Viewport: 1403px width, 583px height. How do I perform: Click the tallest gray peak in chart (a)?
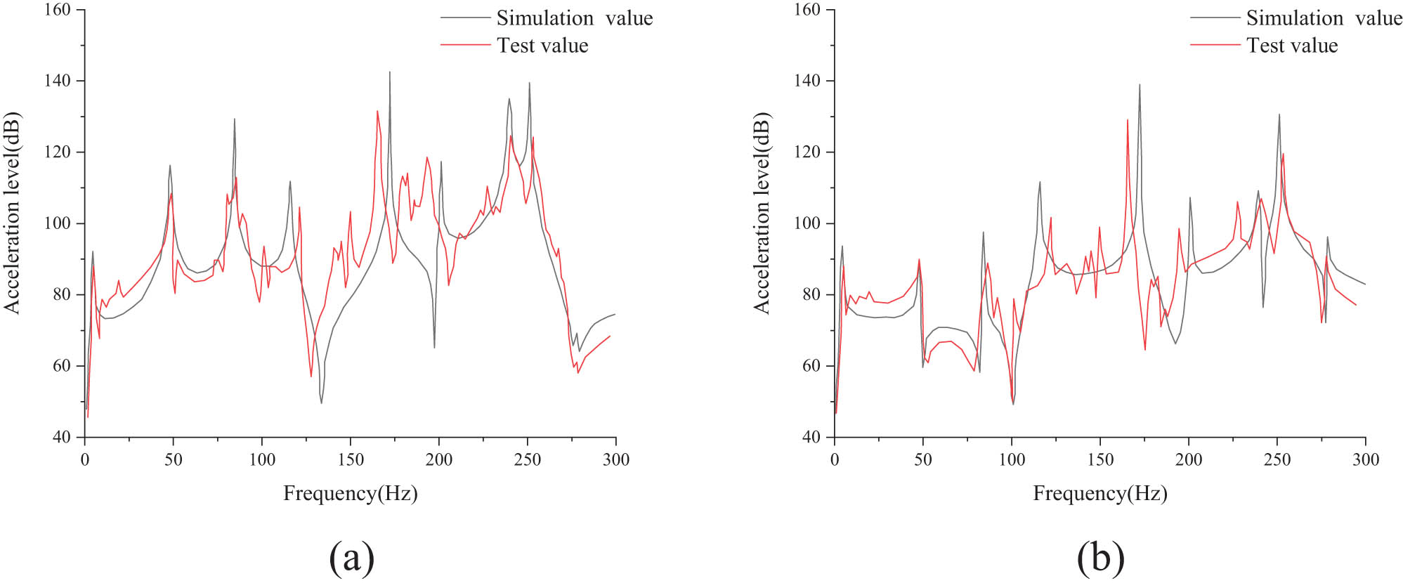tap(389, 72)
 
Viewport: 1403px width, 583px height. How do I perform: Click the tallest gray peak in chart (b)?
tap(1139, 86)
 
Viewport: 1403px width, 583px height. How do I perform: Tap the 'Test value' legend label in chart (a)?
tap(542, 46)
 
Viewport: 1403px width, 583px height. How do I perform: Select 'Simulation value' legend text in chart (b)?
tap(1324, 18)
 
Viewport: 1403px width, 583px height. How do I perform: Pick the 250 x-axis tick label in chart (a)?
tap(527, 460)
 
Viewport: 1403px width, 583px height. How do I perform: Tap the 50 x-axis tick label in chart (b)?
tap(922, 460)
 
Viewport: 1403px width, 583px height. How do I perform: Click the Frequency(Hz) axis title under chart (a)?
tap(350, 494)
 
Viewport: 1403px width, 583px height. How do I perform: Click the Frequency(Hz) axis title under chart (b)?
tap(1099, 494)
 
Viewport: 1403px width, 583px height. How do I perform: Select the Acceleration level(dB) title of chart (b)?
tap(762, 213)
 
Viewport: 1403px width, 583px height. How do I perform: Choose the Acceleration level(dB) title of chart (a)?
tap(12, 213)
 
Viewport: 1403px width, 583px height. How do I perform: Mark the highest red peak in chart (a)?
tap(377, 111)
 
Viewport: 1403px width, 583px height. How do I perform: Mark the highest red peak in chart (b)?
tap(1127, 120)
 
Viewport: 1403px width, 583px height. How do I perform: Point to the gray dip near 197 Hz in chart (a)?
tap(434, 347)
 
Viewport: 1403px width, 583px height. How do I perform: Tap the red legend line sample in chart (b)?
tap(1215, 46)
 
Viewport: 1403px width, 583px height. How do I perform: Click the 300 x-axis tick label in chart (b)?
tap(1365, 460)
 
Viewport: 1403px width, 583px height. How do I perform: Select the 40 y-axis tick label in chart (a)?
tap(61, 437)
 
